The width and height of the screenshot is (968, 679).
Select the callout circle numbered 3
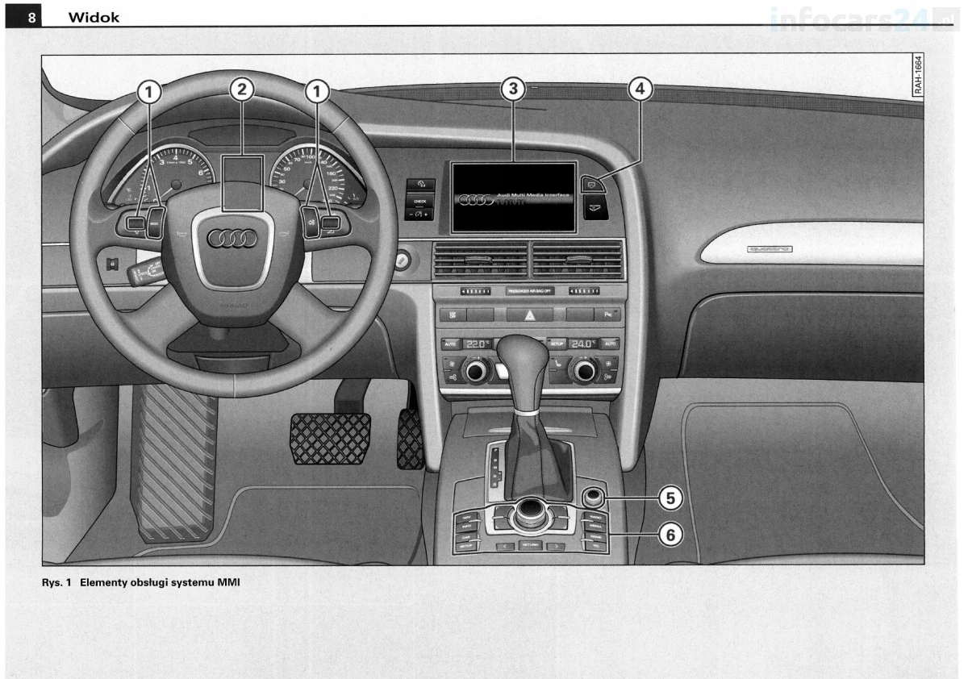(x=512, y=90)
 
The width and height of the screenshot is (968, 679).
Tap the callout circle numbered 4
(x=639, y=90)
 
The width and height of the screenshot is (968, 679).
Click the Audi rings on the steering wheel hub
(x=232, y=238)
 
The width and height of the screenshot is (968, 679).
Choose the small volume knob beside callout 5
(x=594, y=496)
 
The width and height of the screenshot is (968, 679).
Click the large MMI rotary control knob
(x=531, y=510)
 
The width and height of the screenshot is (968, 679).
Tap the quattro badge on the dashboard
(x=769, y=249)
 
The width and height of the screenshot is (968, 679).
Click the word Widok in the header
(x=94, y=17)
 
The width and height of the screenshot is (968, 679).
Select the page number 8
(x=31, y=17)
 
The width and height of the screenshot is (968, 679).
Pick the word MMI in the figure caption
(x=228, y=583)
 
